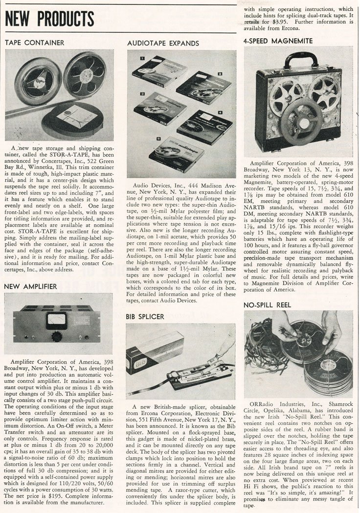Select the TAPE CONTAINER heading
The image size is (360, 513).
point(34,43)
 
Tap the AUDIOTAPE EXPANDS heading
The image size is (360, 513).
point(163,43)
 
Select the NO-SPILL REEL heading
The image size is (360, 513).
point(268,304)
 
